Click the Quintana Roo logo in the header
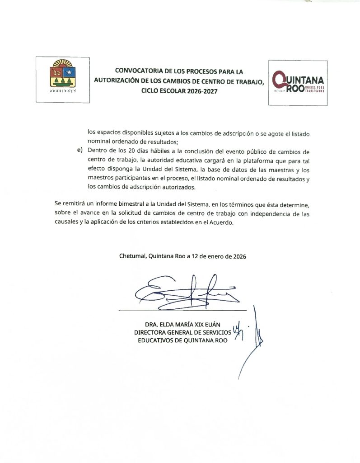click(x=297, y=83)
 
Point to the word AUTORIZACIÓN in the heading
click(x=117, y=80)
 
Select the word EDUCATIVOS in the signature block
click(x=156, y=341)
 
